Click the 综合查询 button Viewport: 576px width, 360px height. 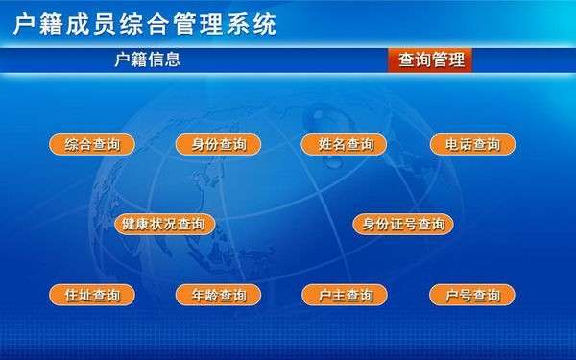click(x=92, y=144)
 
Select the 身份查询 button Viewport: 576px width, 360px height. click(x=219, y=144)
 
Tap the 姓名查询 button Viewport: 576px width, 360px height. click(x=345, y=144)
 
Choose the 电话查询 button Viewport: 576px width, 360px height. click(x=472, y=144)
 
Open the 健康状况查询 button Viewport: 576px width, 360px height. click(x=165, y=224)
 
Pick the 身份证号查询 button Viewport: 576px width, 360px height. click(x=403, y=224)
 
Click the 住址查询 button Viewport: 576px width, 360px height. click(x=92, y=295)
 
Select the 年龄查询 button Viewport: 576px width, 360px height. click(x=219, y=295)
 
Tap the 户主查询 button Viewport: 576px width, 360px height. click(x=345, y=295)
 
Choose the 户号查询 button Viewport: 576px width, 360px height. click(x=472, y=295)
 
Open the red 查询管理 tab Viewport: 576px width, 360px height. click(x=430, y=60)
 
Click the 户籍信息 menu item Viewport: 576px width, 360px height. click(x=148, y=60)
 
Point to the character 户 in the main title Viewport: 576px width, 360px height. click(x=25, y=24)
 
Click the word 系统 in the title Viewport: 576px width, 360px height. click(x=252, y=24)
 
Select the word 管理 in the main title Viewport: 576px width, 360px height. click(x=199, y=24)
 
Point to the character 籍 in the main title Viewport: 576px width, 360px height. click(x=51, y=24)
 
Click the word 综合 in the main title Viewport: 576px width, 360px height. click(x=145, y=24)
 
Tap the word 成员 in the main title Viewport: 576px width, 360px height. click(x=91, y=24)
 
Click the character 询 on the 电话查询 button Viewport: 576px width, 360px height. click(x=493, y=144)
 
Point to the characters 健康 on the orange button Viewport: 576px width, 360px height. click(x=135, y=224)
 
